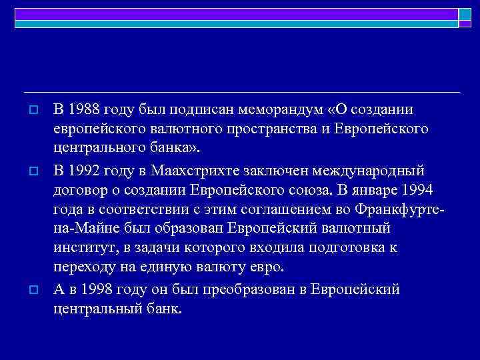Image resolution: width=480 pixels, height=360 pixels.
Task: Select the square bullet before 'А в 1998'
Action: (32, 291)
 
